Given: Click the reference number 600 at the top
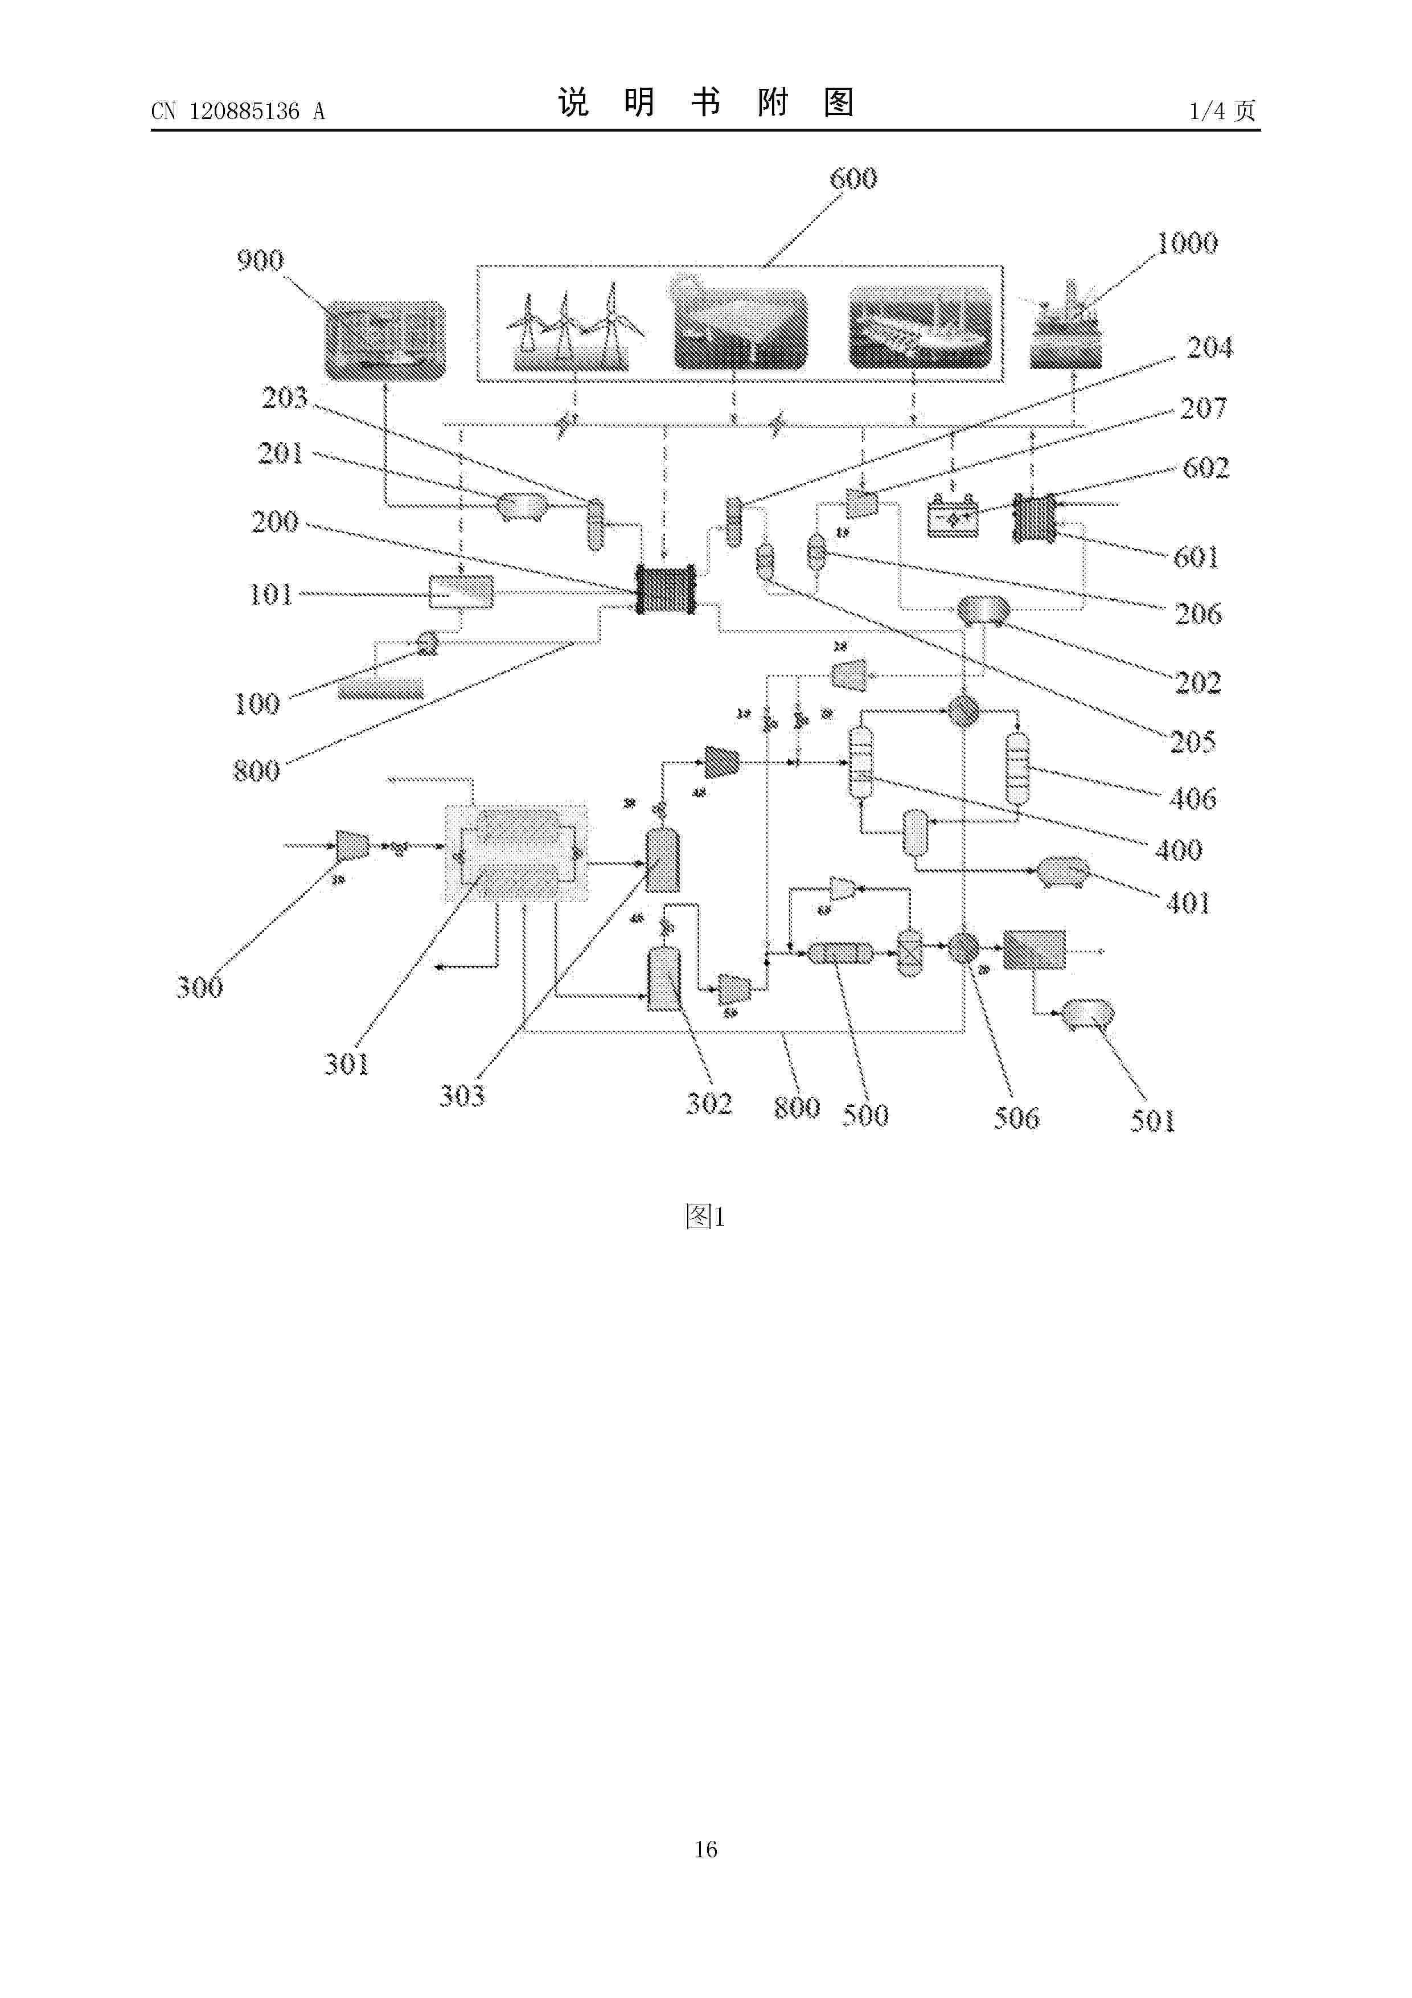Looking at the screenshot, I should (x=852, y=178).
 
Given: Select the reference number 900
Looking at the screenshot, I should (x=260, y=260).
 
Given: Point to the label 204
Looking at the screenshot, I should (x=1209, y=348).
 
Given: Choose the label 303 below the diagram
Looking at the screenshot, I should (x=461, y=1096).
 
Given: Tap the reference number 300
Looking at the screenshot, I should (x=199, y=987).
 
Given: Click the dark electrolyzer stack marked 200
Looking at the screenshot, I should (x=666, y=589).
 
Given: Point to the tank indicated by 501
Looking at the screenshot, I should (x=1087, y=1014).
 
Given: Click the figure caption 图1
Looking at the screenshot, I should (x=705, y=1217).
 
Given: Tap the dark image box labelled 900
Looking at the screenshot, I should (x=385, y=340).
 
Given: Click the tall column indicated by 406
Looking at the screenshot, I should (x=1016, y=768).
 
